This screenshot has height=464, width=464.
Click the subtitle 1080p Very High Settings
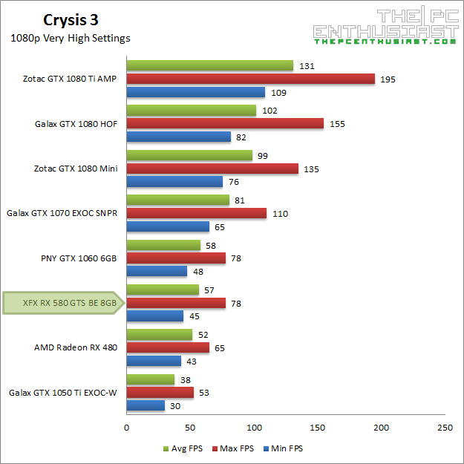click(71, 39)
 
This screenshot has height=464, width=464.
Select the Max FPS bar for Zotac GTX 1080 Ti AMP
click(250, 79)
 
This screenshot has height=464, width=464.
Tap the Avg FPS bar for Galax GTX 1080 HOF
click(191, 111)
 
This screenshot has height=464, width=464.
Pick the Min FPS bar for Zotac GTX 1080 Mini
click(174, 182)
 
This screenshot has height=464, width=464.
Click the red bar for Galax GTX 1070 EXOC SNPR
click(196, 214)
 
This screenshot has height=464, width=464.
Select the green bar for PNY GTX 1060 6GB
click(163, 245)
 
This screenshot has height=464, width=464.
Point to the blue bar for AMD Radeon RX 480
click(154, 361)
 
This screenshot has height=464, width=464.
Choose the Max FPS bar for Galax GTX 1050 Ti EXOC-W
click(160, 392)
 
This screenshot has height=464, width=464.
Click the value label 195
click(387, 79)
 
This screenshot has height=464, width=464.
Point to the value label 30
click(175, 405)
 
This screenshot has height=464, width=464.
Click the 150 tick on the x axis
click(318, 428)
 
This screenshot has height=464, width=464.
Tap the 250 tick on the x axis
click(445, 428)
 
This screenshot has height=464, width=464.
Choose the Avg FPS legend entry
click(182, 448)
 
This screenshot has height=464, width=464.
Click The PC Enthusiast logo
click(385, 27)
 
